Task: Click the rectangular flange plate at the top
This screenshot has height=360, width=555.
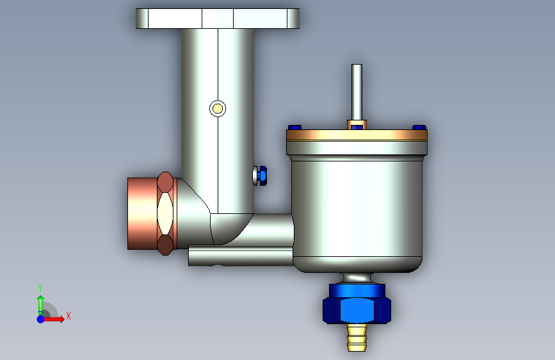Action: (x=218, y=19)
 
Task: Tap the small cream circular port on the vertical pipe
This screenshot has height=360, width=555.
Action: (x=218, y=108)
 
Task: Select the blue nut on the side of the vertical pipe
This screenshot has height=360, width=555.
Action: (x=262, y=176)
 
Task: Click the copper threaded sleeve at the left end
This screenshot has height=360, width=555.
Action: (x=142, y=214)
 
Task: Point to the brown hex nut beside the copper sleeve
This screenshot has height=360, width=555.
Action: (x=165, y=213)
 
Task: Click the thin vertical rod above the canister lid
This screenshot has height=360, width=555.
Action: (x=357, y=92)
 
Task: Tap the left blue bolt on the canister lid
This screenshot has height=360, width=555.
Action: (x=294, y=127)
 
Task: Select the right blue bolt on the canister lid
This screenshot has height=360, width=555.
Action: (x=419, y=127)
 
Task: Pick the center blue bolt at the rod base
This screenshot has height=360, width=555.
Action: (x=357, y=127)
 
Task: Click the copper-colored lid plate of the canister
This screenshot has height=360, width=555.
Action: (x=357, y=135)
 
